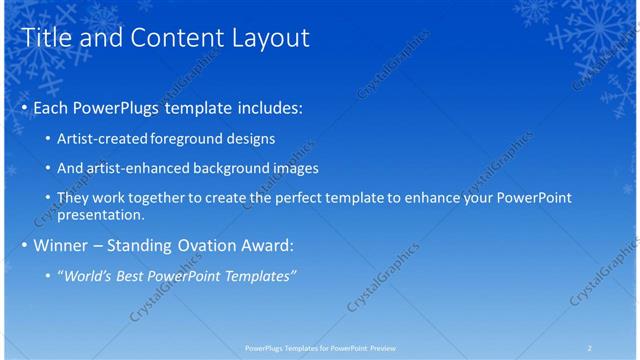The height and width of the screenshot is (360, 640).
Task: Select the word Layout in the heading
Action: tap(269, 38)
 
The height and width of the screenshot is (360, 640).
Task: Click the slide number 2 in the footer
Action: tap(589, 347)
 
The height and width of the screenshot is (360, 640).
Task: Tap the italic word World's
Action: tap(90, 275)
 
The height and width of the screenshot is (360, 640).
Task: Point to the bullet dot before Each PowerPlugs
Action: tap(25, 107)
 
